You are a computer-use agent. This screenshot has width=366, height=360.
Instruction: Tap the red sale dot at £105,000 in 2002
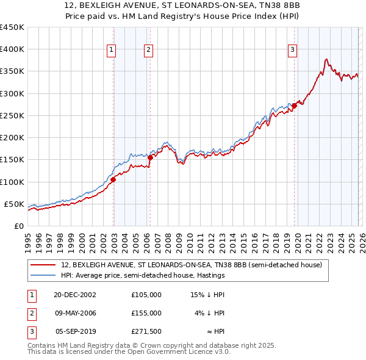click(x=113, y=179)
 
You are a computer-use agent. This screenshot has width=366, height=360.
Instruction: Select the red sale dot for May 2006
click(x=150, y=157)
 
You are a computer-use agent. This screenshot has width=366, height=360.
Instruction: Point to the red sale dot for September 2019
click(x=294, y=106)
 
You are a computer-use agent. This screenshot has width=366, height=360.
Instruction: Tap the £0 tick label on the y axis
click(x=18, y=226)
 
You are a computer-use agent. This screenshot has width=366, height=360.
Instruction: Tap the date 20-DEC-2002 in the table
click(x=74, y=295)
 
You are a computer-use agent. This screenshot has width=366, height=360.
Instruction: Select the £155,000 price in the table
click(x=146, y=313)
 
